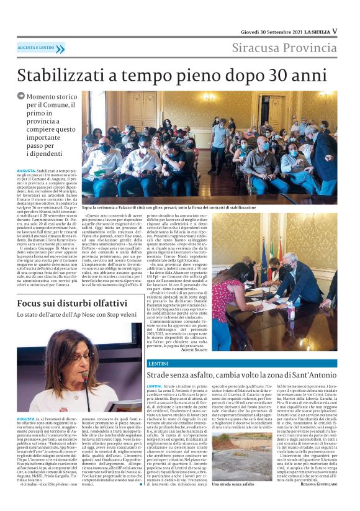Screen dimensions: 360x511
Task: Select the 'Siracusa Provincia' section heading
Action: click(x=284, y=48)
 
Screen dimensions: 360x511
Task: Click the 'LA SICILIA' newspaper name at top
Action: click(x=316, y=31)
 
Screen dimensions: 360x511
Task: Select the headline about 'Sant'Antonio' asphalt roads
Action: click(x=241, y=375)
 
